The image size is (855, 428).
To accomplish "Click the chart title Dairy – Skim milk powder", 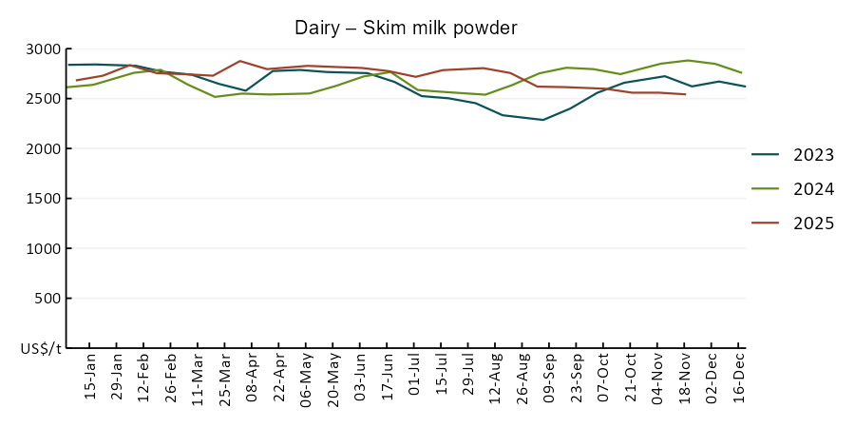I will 406,29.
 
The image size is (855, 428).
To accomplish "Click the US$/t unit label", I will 41,349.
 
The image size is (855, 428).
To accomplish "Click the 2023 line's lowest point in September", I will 542,120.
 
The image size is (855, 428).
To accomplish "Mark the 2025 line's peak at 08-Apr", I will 240,61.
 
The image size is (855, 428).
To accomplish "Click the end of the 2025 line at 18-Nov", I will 685,94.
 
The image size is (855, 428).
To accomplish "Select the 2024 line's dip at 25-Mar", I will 215,96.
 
